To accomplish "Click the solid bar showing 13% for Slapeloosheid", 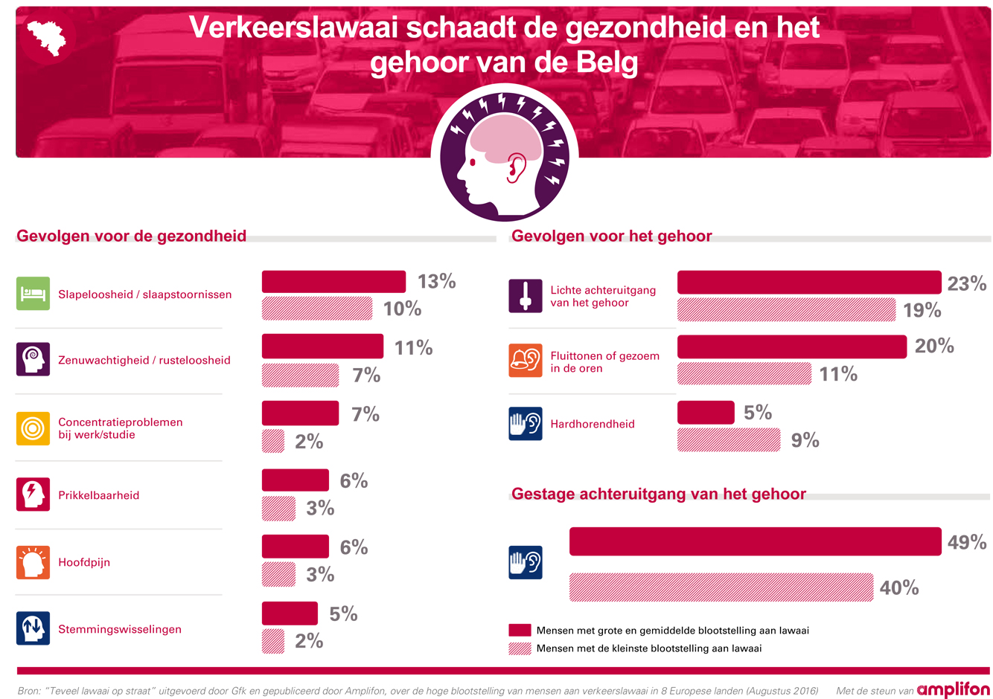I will pyautogui.click(x=333, y=282).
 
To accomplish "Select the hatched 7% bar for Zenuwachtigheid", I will pyautogui.click(x=300, y=376).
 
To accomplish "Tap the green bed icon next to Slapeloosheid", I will pyautogui.click(x=33, y=294).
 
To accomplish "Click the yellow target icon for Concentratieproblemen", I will pyautogui.click(x=33, y=428).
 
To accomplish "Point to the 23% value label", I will pyautogui.click(x=966, y=283).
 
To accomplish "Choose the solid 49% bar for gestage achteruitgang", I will pyautogui.click(x=755, y=541).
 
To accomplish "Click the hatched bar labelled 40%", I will pyautogui.click(x=721, y=587).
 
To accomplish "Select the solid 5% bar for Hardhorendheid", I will pyautogui.click(x=706, y=413).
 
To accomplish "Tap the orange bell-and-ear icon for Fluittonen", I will pyautogui.click(x=526, y=361).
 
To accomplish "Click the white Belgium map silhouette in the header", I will pyautogui.click(x=46, y=36).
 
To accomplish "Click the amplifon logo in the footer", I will pyautogui.click(x=953, y=690).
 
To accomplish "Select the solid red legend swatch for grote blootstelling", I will pyautogui.click(x=520, y=631).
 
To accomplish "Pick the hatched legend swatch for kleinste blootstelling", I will pyautogui.click(x=520, y=648).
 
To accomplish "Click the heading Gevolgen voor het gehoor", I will pyautogui.click(x=611, y=236).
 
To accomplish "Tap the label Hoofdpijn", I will pyautogui.click(x=84, y=562).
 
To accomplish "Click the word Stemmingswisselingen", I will pyautogui.click(x=120, y=629).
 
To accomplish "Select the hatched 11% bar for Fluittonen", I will pyautogui.click(x=744, y=373).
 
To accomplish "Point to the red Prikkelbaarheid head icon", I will pyautogui.click(x=33, y=495).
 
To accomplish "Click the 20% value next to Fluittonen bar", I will pyautogui.click(x=933, y=346).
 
